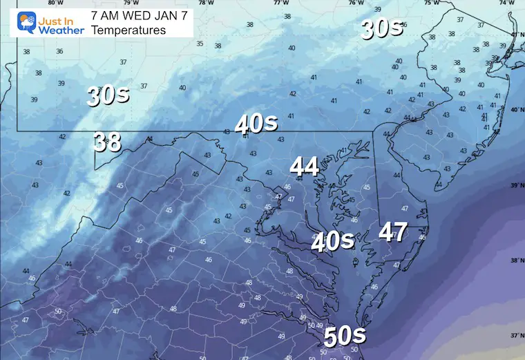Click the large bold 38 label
[108, 142]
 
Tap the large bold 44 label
[304, 167]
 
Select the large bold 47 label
[392, 232]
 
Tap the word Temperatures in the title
[128, 30]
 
